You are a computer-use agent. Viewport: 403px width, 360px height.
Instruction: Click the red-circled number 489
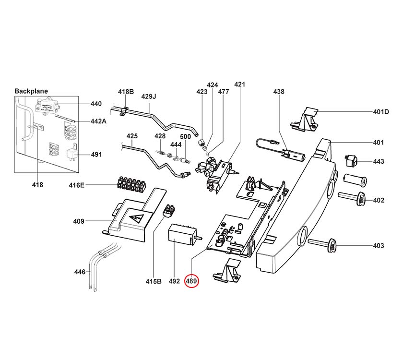click(192, 281)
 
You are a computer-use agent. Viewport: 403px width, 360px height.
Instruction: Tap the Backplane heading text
click(31, 91)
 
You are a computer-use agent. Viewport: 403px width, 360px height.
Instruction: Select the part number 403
click(379, 246)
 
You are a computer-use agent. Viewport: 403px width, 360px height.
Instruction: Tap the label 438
click(279, 92)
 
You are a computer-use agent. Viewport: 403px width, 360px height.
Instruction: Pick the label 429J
click(149, 96)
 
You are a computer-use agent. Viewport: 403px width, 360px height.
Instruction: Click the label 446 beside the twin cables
click(79, 272)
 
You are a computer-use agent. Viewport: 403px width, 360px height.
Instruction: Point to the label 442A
click(98, 121)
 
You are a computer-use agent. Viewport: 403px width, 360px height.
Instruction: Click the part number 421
click(239, 84)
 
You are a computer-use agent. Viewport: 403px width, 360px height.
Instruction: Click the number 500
click(186, 137)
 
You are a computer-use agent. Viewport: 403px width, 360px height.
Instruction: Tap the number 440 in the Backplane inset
click(96, 104)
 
